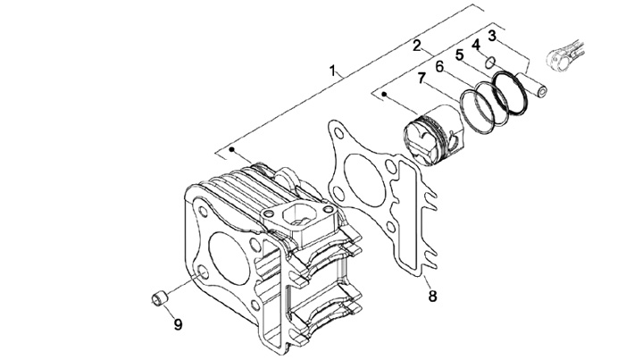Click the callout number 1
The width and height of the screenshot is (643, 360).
pos(332,70)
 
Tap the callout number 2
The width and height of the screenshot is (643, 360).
pos(417,46)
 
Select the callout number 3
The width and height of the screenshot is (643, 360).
pos(492,36)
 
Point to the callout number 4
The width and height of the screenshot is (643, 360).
pos(476,45)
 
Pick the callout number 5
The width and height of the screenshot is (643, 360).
pos(459,54)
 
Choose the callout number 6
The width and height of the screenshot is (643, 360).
pos(440,66)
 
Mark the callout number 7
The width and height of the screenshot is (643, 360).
pos(422,78)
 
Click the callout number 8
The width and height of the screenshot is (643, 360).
pos(432,296)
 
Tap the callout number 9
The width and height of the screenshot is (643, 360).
pos(178,325)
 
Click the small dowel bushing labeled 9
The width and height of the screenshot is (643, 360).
pos(159,297)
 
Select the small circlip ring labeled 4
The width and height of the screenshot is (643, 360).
pos(489,63)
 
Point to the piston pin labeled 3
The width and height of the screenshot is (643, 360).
pos(531,85)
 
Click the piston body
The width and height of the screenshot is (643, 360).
pos(432,135)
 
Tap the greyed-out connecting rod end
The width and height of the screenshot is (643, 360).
pos(564,54)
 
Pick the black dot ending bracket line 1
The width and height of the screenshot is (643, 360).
pos(231,149)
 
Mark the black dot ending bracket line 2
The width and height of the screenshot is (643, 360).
pos(384,95)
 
